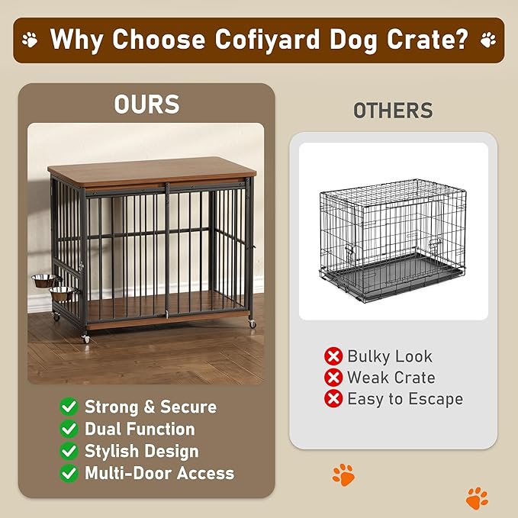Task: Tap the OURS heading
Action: [x=146, y=105]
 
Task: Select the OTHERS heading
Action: [x=393, y=111]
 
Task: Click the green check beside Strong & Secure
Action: [x=69, y=407]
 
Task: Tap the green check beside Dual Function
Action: [x=69, y=429]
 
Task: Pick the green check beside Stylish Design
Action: [x=69, y=451]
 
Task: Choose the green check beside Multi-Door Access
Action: [x=69, y=473]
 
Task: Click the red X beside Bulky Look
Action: [x=333, y=356]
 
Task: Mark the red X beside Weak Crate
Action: [x=333, y=378]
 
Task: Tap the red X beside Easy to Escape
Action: [x=333, y=399]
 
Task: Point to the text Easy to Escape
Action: [x=404, y=399]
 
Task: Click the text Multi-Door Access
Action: [x=159, y=473]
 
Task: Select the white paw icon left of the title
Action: [x=30, y=39]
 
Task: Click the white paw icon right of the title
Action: [x=487, y=39]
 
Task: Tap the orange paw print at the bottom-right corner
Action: [x=477, y=498]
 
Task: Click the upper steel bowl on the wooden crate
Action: [x=47, y=280]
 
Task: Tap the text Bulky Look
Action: [x=389, y=356]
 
